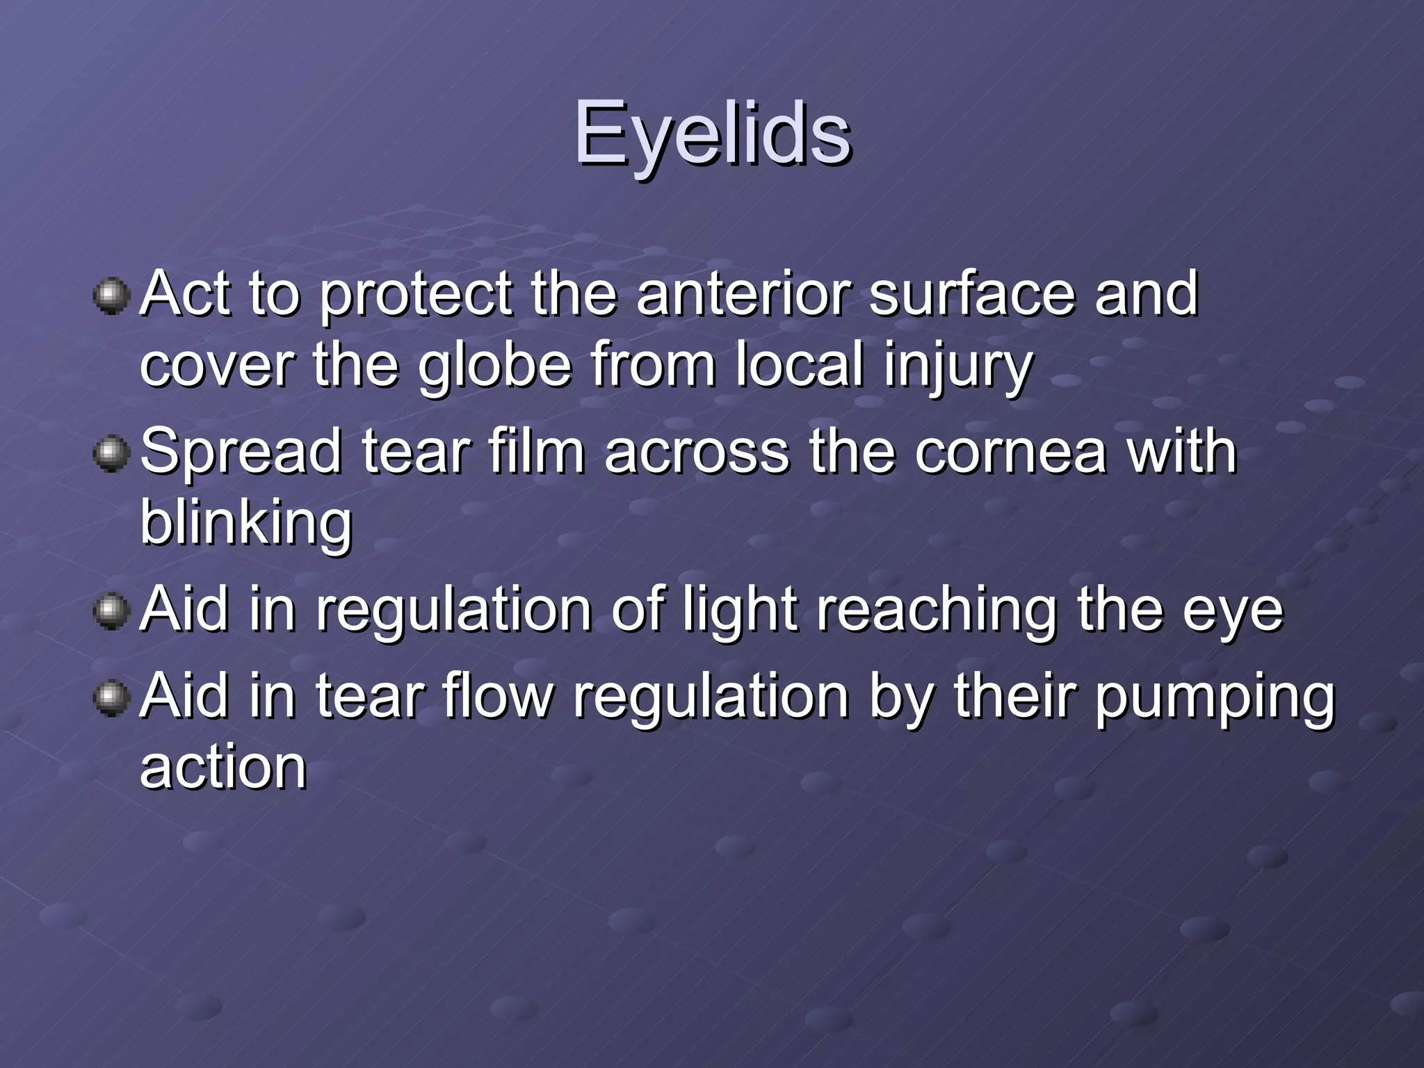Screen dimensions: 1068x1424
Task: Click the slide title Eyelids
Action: pyautogui.click(x=712, y=133)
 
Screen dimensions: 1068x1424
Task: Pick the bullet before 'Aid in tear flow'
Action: pyautogui.click(x=111, y=698)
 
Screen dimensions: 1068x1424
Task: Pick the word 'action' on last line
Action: pyautogui.click(x=223, y=768)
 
